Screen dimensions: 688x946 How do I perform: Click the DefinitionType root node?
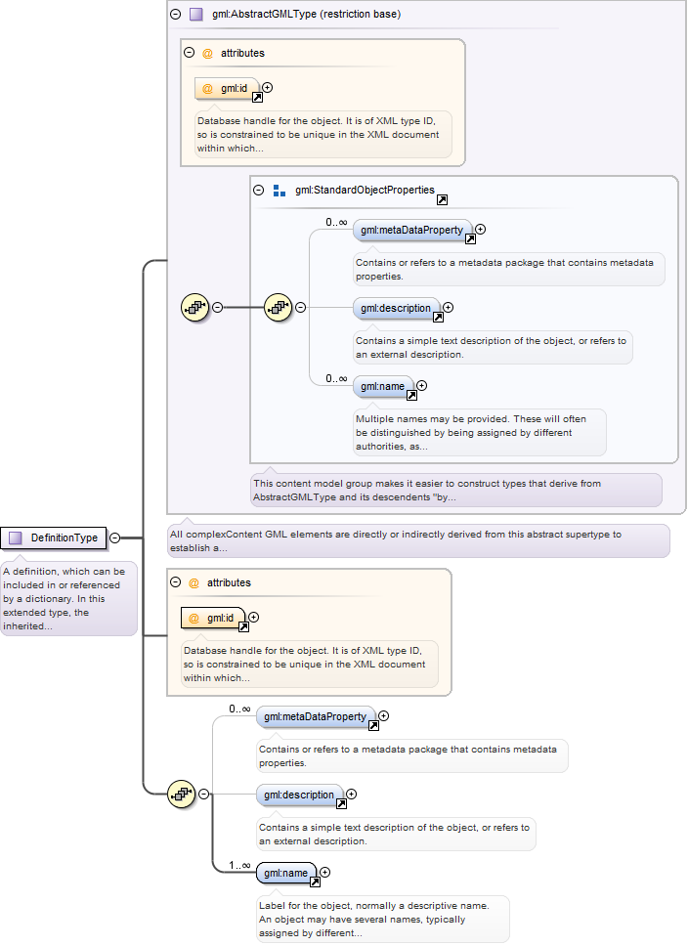coord(53,537)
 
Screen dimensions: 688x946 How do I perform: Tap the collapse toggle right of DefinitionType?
coord(114,537)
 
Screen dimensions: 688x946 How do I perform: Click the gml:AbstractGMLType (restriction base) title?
coord(306,14)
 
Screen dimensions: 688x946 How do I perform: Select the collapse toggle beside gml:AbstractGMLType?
coord(176,14)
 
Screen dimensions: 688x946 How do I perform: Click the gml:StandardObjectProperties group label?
coord(365,190)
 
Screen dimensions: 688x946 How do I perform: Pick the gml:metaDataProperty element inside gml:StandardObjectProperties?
coord(412,230)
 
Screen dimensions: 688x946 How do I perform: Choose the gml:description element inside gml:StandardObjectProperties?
coord(396,308)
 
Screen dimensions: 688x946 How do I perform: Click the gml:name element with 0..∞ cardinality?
coord(383,387)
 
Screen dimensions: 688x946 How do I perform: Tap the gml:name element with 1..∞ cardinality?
coord(286,873)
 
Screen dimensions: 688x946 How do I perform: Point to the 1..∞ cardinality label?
coord(239,865)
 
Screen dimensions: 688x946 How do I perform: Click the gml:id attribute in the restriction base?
coord(227,89)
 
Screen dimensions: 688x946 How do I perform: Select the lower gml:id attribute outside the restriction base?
coord(213,619)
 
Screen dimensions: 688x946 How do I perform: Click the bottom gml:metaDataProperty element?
coord(316,716)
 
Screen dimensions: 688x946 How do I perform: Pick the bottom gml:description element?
coord(299,795)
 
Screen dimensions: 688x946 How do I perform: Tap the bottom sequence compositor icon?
coord(182,795)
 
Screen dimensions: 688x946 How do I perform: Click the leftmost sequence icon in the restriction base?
coord(195,308)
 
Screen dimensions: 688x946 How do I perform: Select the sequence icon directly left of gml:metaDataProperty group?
coord(279,308)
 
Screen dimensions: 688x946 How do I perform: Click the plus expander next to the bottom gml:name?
coord(325,873)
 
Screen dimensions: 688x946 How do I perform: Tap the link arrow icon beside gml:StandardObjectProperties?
coord(443,199)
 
